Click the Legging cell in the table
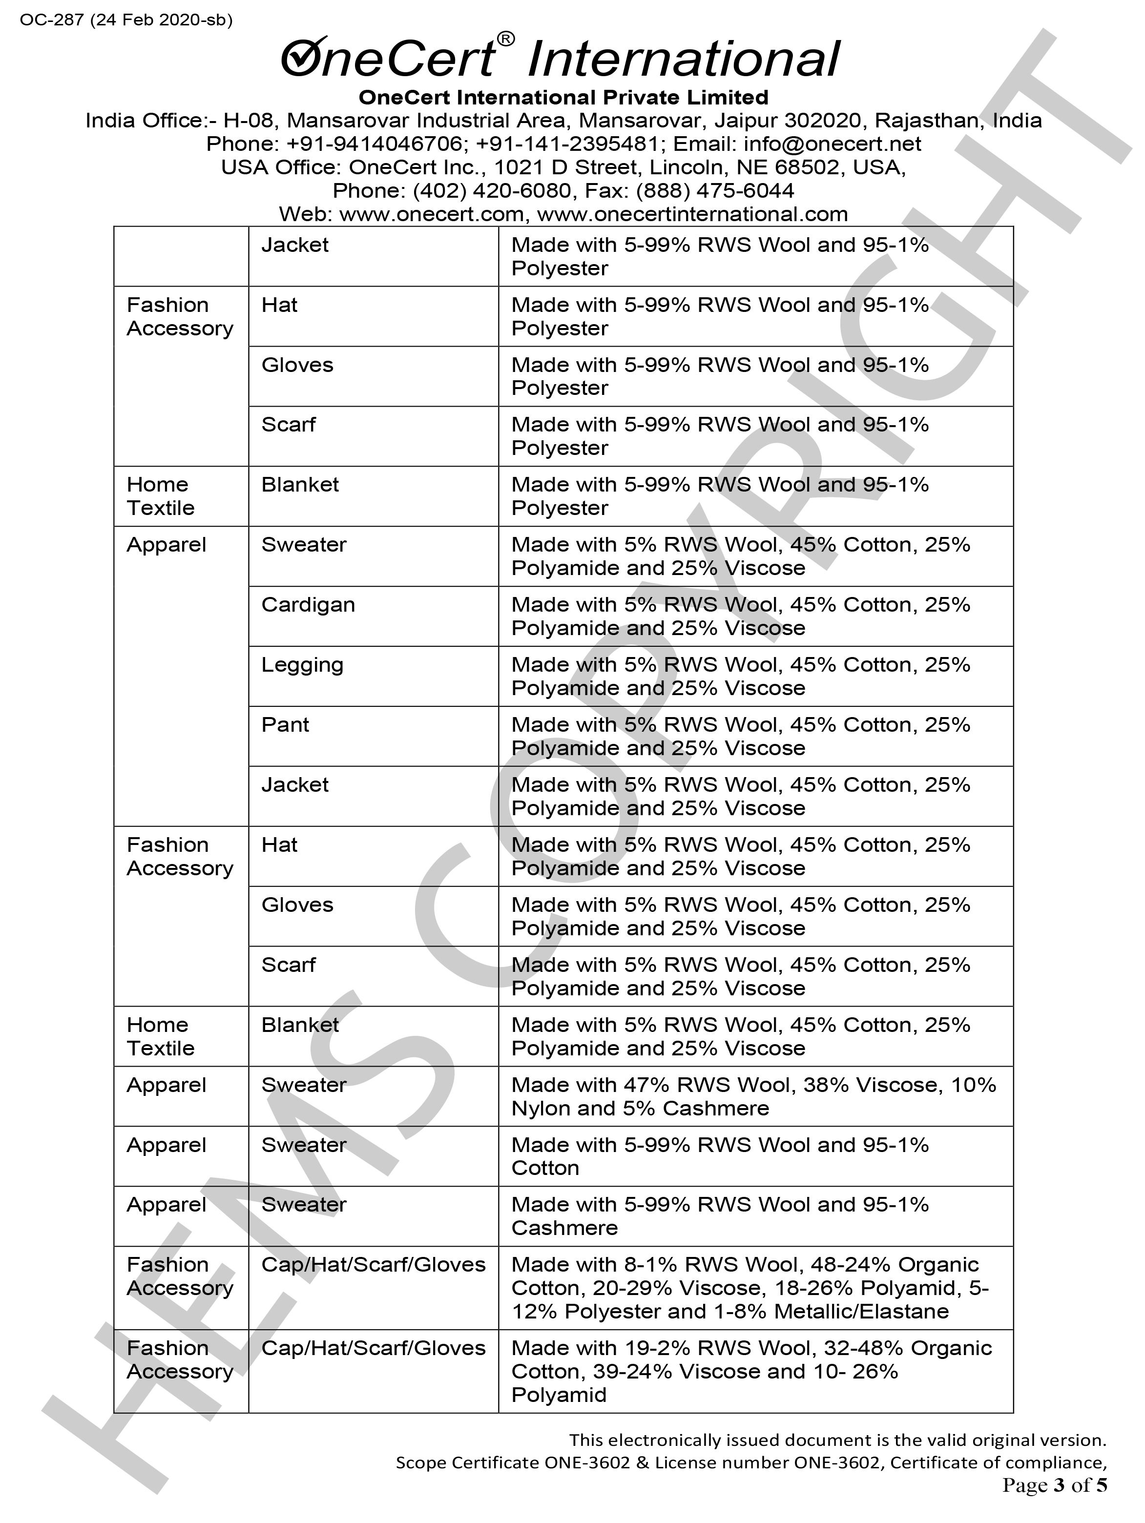pos(302,665)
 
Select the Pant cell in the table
pos(285,725)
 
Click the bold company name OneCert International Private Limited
pos(563,97)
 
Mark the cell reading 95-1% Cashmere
pos(720,1216)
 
